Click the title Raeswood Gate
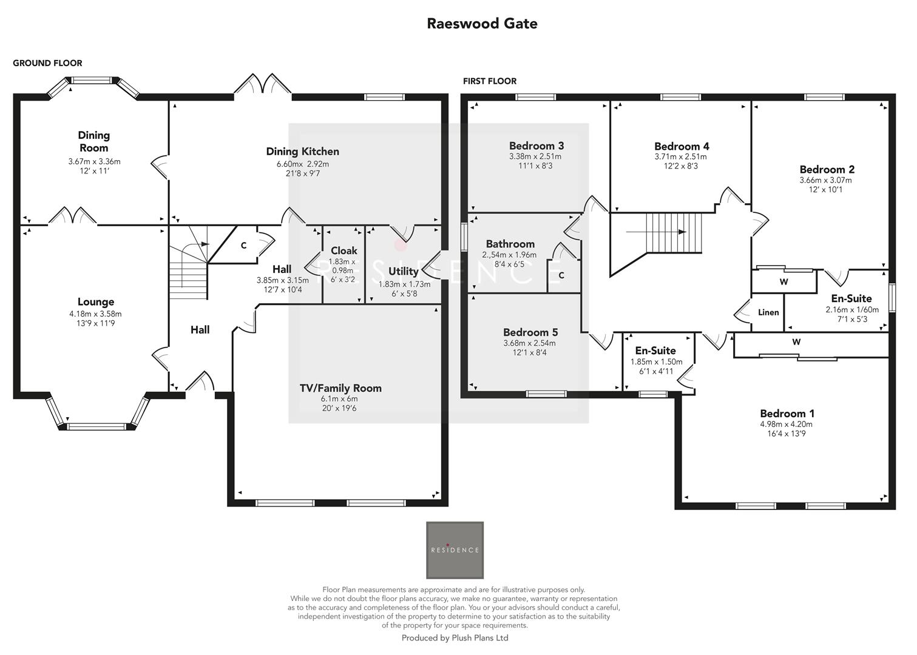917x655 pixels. [x=482, y=24]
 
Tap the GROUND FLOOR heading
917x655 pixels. [x=47, y=63]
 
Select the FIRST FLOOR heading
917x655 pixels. [x=489, y=81]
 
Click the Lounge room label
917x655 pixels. [x=95, y=302]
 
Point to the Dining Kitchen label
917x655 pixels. [x=302, y=152]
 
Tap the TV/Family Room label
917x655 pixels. [x=340, y=388]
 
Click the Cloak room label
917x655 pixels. [x=343, y=250]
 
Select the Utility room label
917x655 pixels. [x=403, y=271]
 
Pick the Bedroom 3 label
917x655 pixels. [x=536, y=146]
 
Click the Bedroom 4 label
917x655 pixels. [x=682, y=146]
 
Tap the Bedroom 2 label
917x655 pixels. [x=827, y=170]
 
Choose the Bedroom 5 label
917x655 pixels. [x=530, y=332]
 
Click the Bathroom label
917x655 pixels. [x=510, y=244]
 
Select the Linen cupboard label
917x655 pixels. [x=768, y=312]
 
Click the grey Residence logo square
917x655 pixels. [x=455, y=550]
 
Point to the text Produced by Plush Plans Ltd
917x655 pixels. [x=455, y=638]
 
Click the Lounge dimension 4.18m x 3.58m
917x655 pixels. [x=95, y=314]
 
